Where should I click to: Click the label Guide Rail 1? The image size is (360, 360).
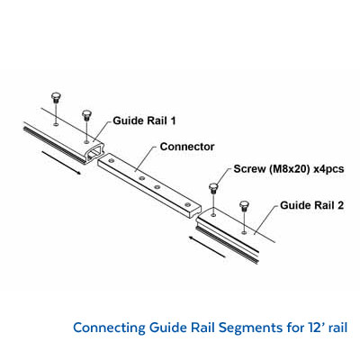(144, 121)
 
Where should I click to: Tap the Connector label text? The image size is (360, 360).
(187, 147)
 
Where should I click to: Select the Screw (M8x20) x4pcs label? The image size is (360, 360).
(289, 169)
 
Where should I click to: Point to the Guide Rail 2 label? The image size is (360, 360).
(311, 205)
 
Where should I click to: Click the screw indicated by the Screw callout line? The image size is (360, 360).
(213, 188)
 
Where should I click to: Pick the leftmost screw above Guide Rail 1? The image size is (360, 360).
(56, 98)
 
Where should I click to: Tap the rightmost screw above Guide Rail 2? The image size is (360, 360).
(244, 206)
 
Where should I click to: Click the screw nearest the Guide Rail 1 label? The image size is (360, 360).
(86, 115)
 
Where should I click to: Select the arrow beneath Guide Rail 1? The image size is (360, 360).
(61, 163)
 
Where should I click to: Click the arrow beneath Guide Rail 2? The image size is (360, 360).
(207, 247)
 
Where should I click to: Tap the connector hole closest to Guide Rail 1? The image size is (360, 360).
(112, 161)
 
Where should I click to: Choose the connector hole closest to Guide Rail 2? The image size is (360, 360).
(188, 204)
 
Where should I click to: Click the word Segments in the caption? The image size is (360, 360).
(250, 328)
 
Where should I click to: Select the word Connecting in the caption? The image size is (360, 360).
(109, 328)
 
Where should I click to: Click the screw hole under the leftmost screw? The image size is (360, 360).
(55, 124)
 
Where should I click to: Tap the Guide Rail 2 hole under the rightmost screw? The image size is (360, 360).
(244, 232)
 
